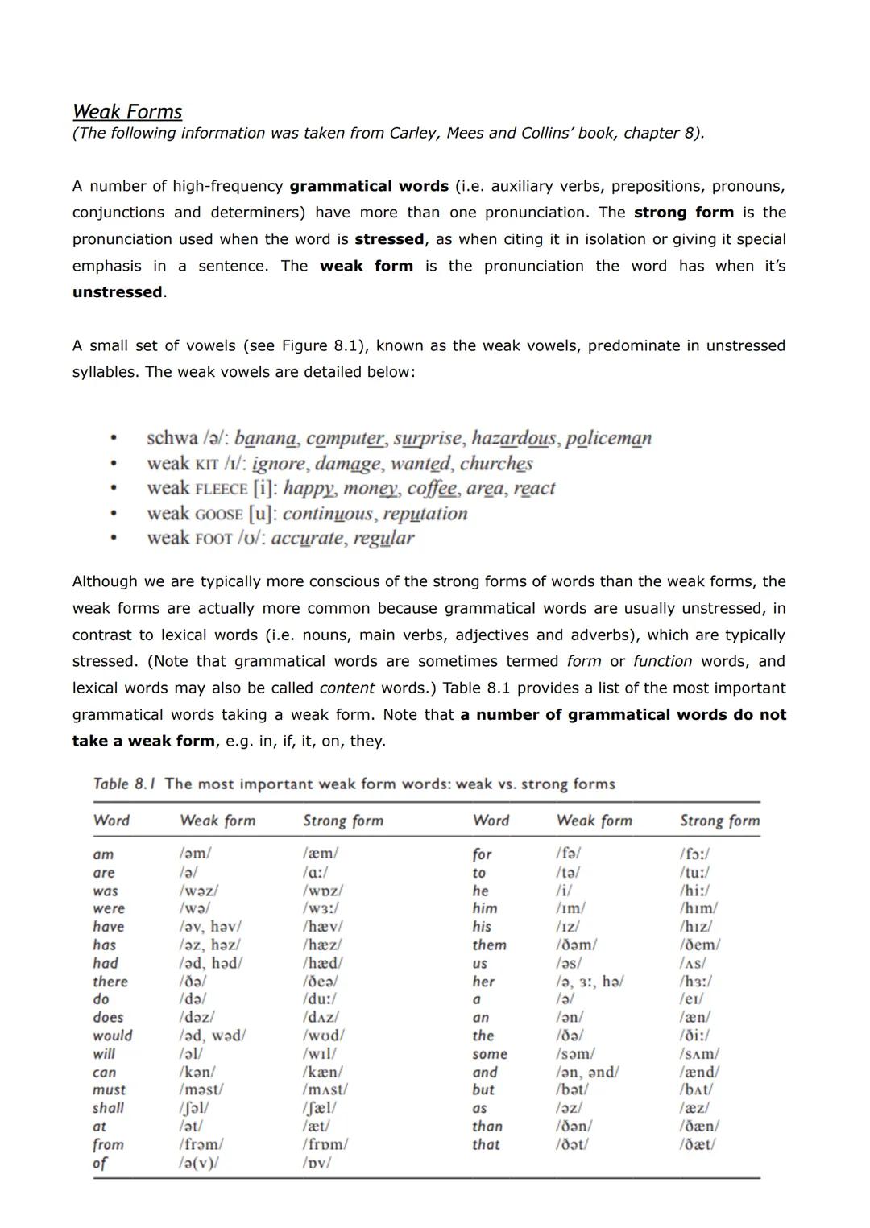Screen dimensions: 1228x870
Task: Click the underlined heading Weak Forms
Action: (127, 111)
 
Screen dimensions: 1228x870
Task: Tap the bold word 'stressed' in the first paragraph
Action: (389, 239)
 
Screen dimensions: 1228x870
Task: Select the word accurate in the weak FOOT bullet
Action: (306, 539)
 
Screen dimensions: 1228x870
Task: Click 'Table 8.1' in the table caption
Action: (125, 784)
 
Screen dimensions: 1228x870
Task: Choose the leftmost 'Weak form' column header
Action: (217, 821)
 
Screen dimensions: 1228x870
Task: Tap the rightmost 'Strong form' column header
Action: (719, 821)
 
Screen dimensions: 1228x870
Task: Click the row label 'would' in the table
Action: (113, 1036)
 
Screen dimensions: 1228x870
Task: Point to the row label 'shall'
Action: (109, 1108)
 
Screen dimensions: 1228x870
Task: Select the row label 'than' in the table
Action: (487, 1127)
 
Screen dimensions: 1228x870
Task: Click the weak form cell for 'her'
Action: (590, 982)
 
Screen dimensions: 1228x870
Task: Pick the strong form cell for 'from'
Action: (325, 1144)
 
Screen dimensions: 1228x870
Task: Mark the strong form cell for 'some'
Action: (699, 1054)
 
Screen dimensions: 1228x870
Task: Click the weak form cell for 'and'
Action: (587, 1072)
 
